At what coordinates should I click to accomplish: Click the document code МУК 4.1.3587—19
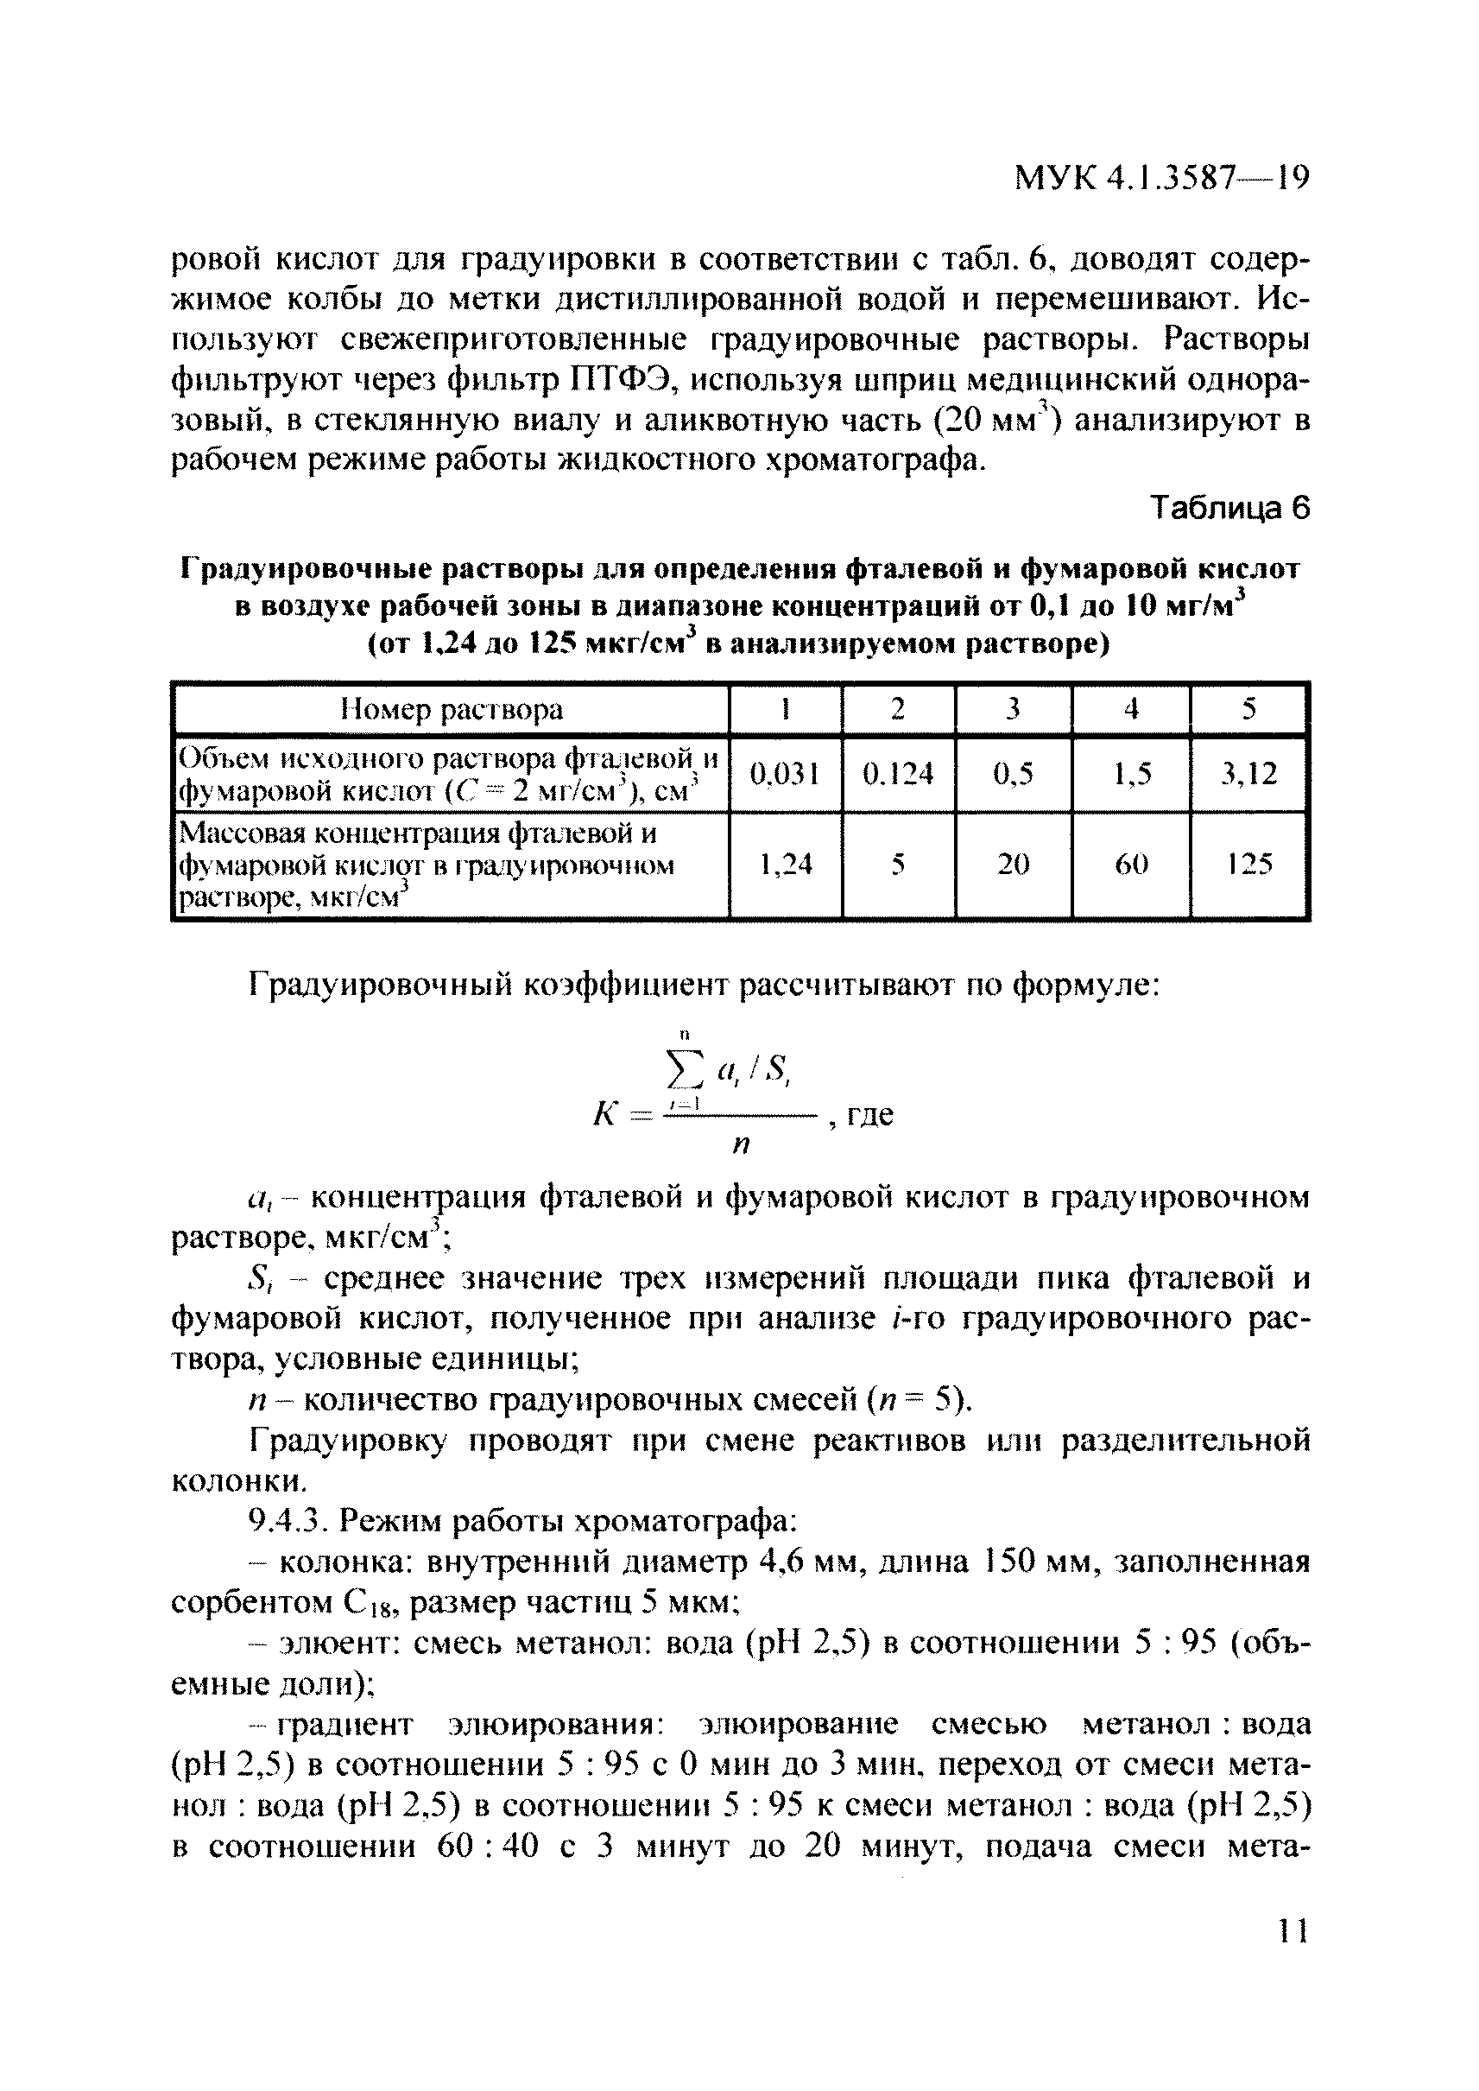pyautogui.click(x=1161, y=178)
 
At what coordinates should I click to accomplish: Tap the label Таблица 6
pyautogui.click(x=1229, y=509)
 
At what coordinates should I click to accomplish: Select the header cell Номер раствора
pyautogui.click(x=452, y=709)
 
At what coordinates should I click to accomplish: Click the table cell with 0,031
pyautogui.click(x=784, y=774)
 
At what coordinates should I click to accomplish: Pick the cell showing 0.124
pyautogui.click(x=898, y=774)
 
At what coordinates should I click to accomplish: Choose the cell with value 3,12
pyautogui.click(x=1248, y=774)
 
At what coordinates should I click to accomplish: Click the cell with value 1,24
pyautogui.click(x=784, y=864)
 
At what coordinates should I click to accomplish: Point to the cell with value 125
pyautogui.click(x=1248, y=864)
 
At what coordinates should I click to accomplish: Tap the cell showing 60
pyautogui.click(x=1131, y=864)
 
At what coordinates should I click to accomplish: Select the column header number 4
pyautogui.click(x=1131, y=709)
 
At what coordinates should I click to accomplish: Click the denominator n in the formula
pyautogui.click(x=741, y=1145)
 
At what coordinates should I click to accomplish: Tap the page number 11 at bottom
pyautogui.click(x=1293, y=1930)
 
